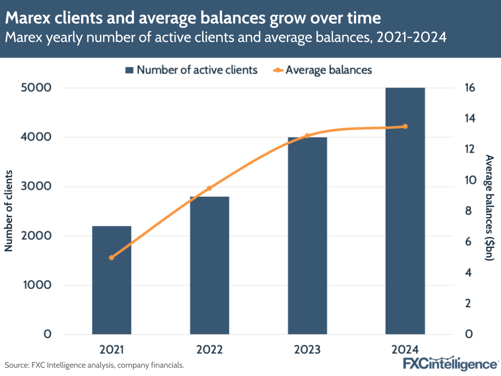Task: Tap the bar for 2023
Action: [x=307, y=235]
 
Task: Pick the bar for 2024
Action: [x=405, y=211]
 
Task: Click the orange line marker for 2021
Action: [x=111, y=258]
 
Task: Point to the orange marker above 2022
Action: [x=209, y=188]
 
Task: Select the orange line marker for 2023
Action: [x=307, y=136]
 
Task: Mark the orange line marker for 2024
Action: [x=405, y=127]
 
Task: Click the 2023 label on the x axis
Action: [x=307, y=349]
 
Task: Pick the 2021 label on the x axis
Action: [x=111, y=349]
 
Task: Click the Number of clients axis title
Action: [x=9, y=211]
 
